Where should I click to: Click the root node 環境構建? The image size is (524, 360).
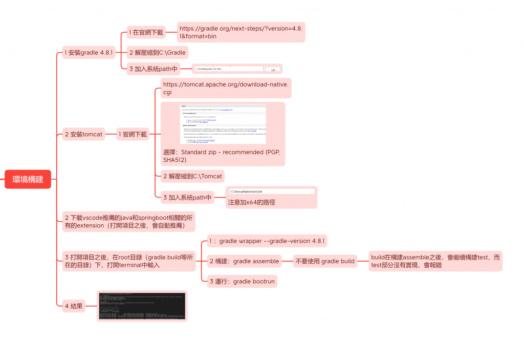click(x=28, y=179)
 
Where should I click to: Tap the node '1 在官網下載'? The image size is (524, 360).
click(x=146, y=32)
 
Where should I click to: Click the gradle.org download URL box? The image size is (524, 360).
click(x=241, y=32)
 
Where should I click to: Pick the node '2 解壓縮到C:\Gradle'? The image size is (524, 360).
click(x=157, y=52)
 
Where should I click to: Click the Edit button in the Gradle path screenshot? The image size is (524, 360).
click(x=273, y=69)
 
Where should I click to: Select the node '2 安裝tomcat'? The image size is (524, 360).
click(x=83, y=135)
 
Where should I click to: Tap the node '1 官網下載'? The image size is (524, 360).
click(x=133, y=135)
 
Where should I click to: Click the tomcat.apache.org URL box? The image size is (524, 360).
click(x=226, y=88)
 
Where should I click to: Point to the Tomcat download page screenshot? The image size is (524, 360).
click(x=223, y=124)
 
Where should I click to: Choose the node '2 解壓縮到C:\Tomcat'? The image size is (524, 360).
click(x=192, y=176)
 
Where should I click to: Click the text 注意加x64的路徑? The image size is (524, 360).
click(x=251, y=202)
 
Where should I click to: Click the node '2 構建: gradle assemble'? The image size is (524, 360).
click(x=245, y=261)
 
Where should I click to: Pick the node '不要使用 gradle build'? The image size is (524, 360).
click(x=325, y=261)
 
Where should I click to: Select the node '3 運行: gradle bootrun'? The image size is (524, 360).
click(x=243, y=281)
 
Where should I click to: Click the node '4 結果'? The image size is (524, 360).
click(x=74, y=306)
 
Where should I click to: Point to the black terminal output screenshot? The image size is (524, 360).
click(x=142, y=306)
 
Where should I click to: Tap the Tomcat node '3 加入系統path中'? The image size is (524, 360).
click(x=187, y=197)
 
